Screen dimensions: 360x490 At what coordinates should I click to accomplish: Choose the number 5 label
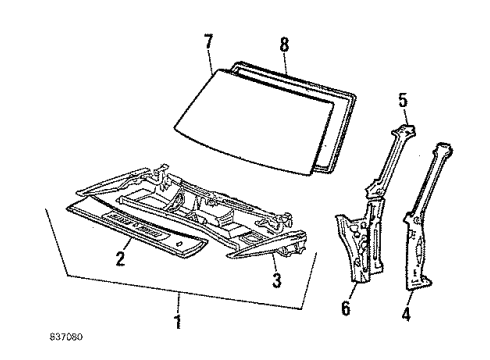click(x=403, y=100)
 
